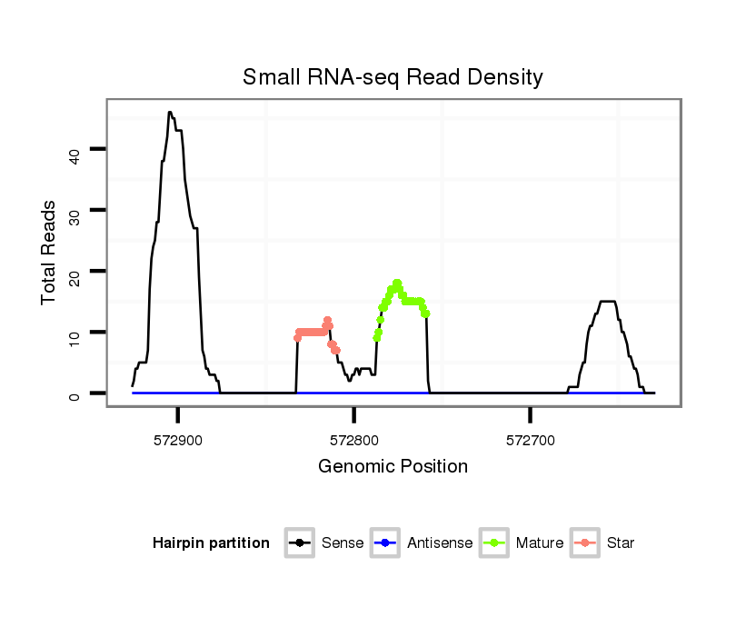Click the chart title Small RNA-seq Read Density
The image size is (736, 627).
point(393,77)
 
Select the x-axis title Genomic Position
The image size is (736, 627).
point(393,467)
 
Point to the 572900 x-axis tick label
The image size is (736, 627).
point(178,440)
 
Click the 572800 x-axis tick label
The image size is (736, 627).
point(354,440)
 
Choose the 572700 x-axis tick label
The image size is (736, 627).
point(531,440)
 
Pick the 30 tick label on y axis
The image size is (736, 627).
point(75,211)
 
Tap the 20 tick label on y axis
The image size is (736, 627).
point(75,272)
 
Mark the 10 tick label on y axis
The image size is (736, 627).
point(75,333)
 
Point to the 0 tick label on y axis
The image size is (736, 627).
point(75,393)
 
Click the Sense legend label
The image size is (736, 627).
point(343,543)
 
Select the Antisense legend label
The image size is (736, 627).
point(440,543)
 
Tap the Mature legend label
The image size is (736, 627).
point(540,543)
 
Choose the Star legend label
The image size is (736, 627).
point(621,543)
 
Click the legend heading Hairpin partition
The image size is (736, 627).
point(211,543)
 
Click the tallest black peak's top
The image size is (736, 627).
point(170,113)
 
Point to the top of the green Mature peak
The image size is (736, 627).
point(397,283)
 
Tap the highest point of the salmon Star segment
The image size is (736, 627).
point(327,320)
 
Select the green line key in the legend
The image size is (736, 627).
point(492,543)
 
